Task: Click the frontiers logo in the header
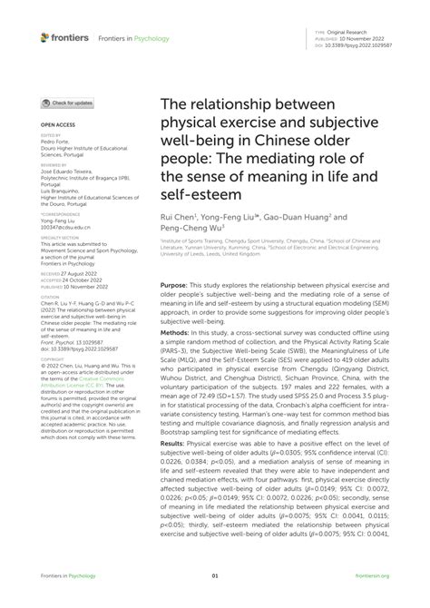pos(65,37)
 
